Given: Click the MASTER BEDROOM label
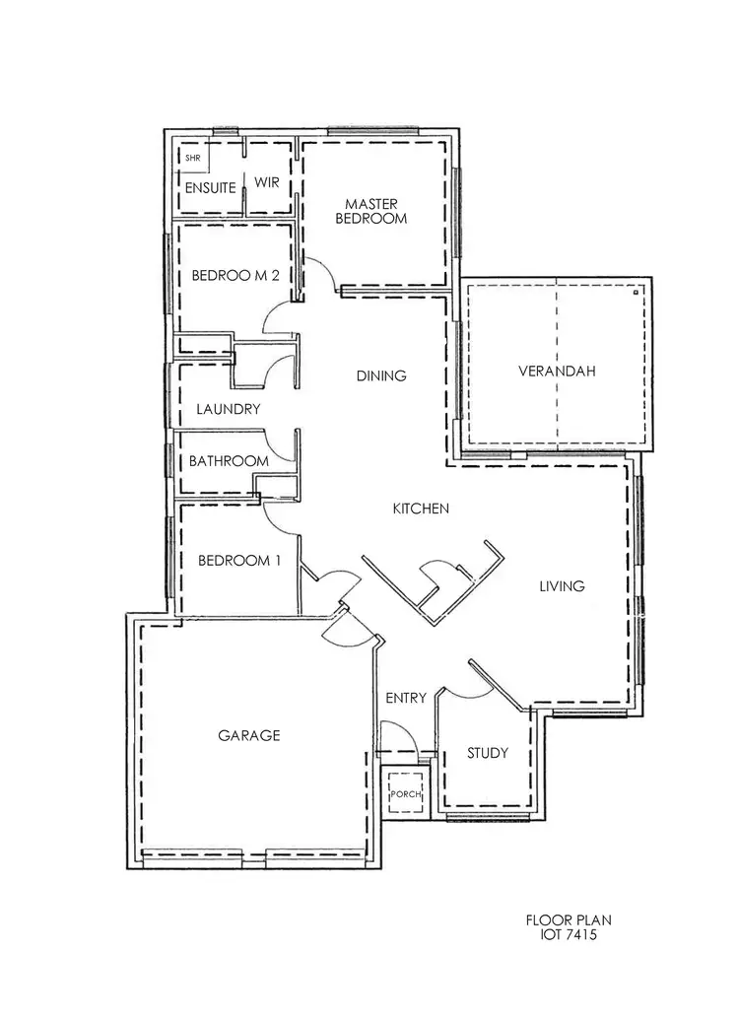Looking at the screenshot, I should [370, 211].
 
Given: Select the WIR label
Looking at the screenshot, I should [268, 183].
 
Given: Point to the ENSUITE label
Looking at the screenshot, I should [210, 187].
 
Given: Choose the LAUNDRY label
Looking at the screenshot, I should [228, 409].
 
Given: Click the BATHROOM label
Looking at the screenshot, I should [229, 461].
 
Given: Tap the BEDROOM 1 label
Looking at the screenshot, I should [239, 561].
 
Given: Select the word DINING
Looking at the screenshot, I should [381, 375].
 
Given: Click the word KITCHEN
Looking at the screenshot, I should [421, 509].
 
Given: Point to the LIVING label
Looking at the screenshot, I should [562, 586].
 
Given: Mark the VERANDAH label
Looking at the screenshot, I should [557, 372].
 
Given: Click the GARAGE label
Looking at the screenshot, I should [249, 735].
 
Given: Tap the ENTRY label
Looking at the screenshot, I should [406, 699].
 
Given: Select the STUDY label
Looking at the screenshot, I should [488, 754].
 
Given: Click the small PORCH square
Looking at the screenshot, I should [405, 794].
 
